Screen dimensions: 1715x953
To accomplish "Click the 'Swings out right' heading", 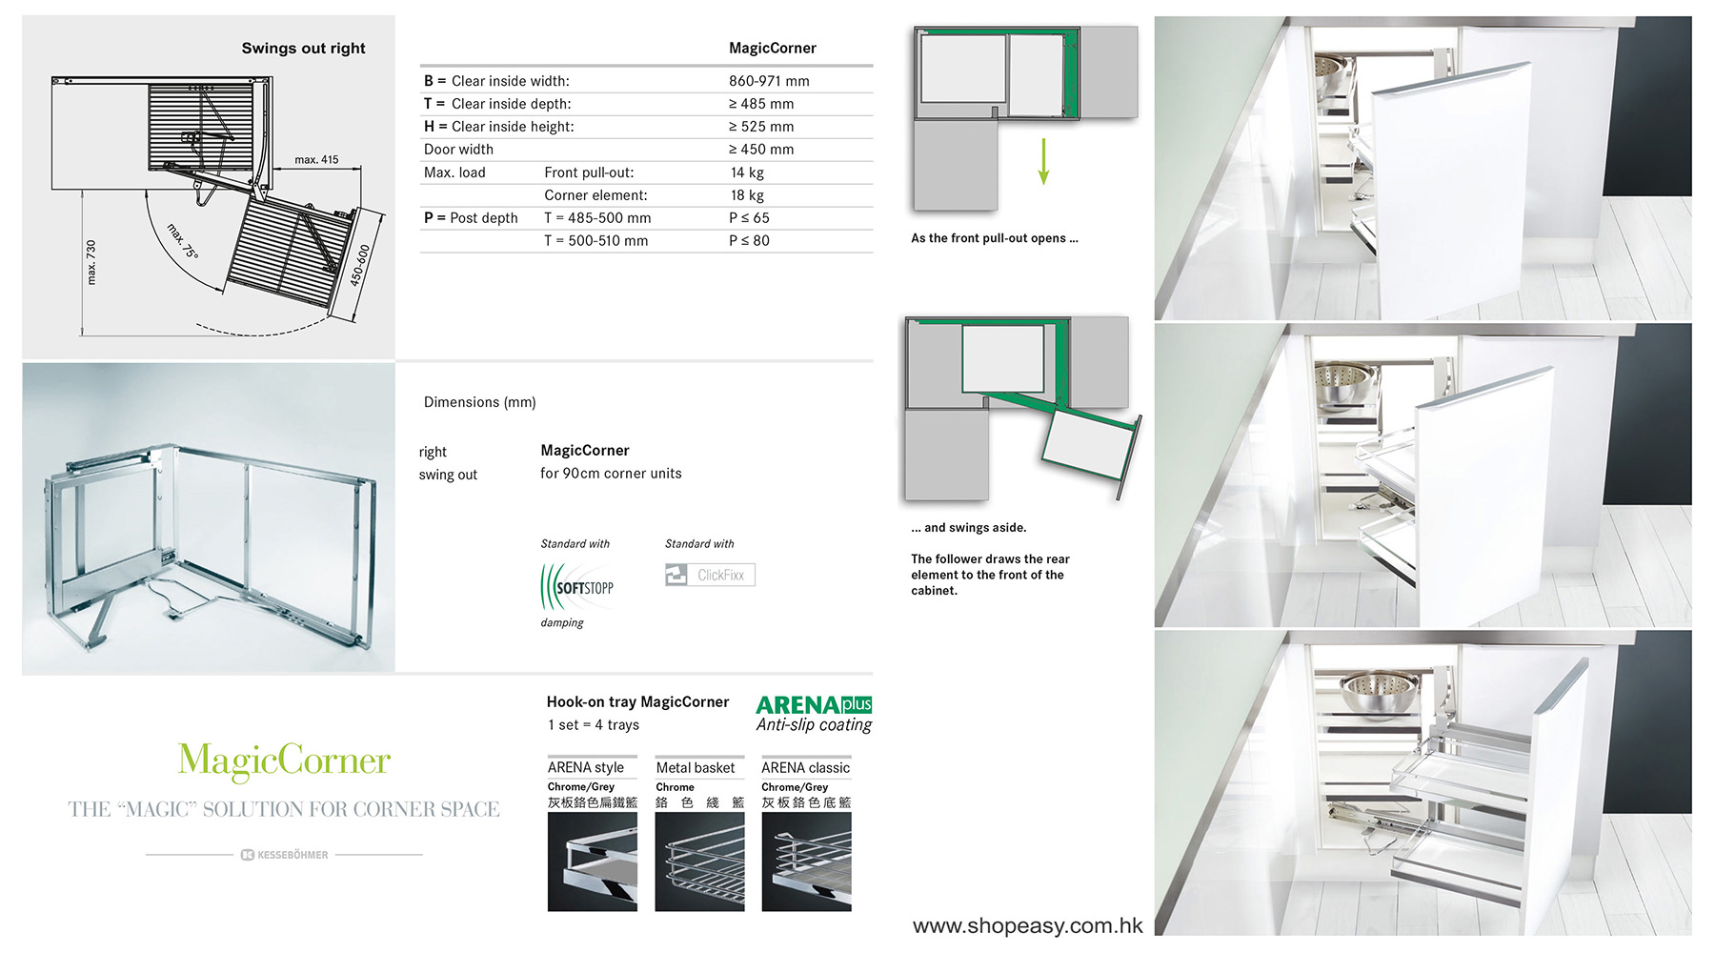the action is [x=303, y=49].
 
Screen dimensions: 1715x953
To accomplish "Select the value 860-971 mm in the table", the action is [x=769, y=81].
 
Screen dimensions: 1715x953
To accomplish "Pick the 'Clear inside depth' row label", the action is [x=511, y=104].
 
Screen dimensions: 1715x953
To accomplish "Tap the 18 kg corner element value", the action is [x=747, y=195].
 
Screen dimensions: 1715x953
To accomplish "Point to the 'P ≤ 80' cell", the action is [x=749, y=241].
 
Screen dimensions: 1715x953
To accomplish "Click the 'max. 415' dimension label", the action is [x=316, y=160].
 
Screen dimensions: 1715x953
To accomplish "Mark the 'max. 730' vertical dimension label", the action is [x=91, y=262].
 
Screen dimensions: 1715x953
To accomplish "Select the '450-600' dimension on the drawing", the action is [x=359, y=265].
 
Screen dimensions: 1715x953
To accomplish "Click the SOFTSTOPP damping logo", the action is [x=577, y=587].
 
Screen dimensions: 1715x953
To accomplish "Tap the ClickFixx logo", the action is [x=710, y=575].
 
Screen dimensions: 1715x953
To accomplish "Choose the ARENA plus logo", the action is [x=814, y=704].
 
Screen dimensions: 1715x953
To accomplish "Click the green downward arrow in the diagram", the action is [x=1044, y=161].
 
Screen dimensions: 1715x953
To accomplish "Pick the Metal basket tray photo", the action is [x=699, y=862].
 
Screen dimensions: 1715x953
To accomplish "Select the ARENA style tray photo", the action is [x=593, y=862].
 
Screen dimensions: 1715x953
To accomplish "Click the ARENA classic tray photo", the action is [x=806, y=862].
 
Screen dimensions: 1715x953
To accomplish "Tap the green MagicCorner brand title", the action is [x=284, y=760].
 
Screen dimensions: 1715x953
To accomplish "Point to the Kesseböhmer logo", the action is [x=284, y=855].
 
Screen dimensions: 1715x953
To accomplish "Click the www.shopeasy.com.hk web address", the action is [x=1027, y=925].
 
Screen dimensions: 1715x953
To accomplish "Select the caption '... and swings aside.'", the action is [x=968, y=528].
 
